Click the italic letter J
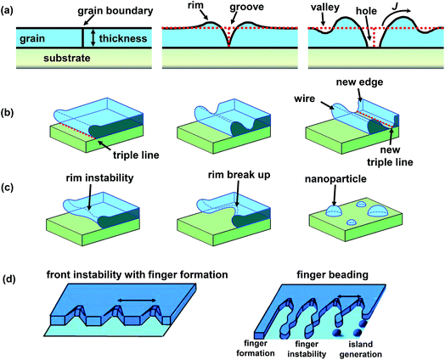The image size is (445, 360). pos(406,8)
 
